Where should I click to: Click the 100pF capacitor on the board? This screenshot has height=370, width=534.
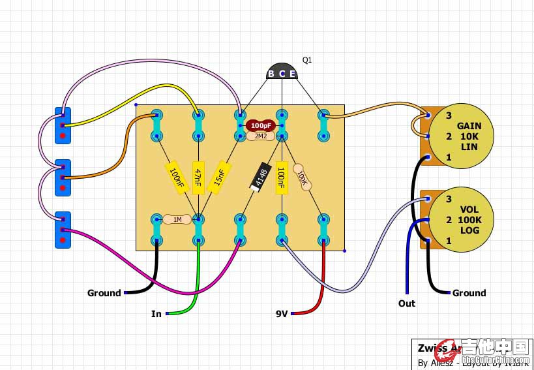pos(261,125)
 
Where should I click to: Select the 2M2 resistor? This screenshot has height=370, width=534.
pos(261,136)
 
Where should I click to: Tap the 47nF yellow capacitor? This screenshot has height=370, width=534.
pos(198,177)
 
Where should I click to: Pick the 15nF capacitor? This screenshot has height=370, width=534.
pos(220,176)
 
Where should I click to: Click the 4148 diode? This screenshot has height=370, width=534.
pos(260,177)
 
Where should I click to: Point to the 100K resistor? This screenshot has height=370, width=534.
pos(302,176)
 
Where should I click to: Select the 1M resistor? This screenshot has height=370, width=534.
pos(177,219)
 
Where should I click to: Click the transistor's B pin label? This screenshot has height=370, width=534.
pos(271,74)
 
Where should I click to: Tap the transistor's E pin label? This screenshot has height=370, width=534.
pos(293,74)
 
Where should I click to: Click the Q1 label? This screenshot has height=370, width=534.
pos(307,60)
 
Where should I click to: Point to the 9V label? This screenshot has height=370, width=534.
pos(281,314)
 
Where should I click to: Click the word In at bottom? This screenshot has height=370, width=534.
pos(156,314)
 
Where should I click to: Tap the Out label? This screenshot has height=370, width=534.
pos(407,303)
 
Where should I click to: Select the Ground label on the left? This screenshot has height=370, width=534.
pos(104,293)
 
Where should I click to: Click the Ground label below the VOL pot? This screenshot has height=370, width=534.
pos(469,293)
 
